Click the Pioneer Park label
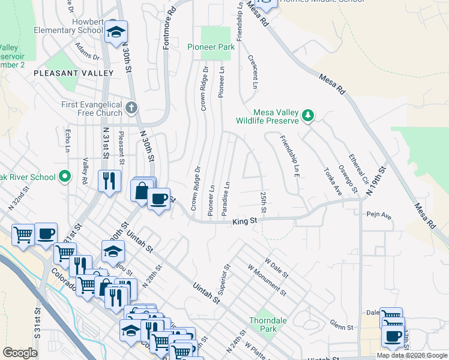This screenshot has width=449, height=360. pos(209,47)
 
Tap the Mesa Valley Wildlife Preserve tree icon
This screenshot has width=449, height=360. pos(308,115)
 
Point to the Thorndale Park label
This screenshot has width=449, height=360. pos(263,325)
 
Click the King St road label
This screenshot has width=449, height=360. pos(245,221)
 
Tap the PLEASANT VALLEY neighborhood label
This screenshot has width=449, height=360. pos(74,73)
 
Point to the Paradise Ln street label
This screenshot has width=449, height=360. pos(225,199)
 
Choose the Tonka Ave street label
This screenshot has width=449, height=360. pos(333,182)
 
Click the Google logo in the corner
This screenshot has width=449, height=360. pos(20,353)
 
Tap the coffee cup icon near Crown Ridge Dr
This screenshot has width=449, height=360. pos(158,200)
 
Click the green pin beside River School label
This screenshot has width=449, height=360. pos(65,176)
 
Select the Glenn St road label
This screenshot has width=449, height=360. pos(341,325)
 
